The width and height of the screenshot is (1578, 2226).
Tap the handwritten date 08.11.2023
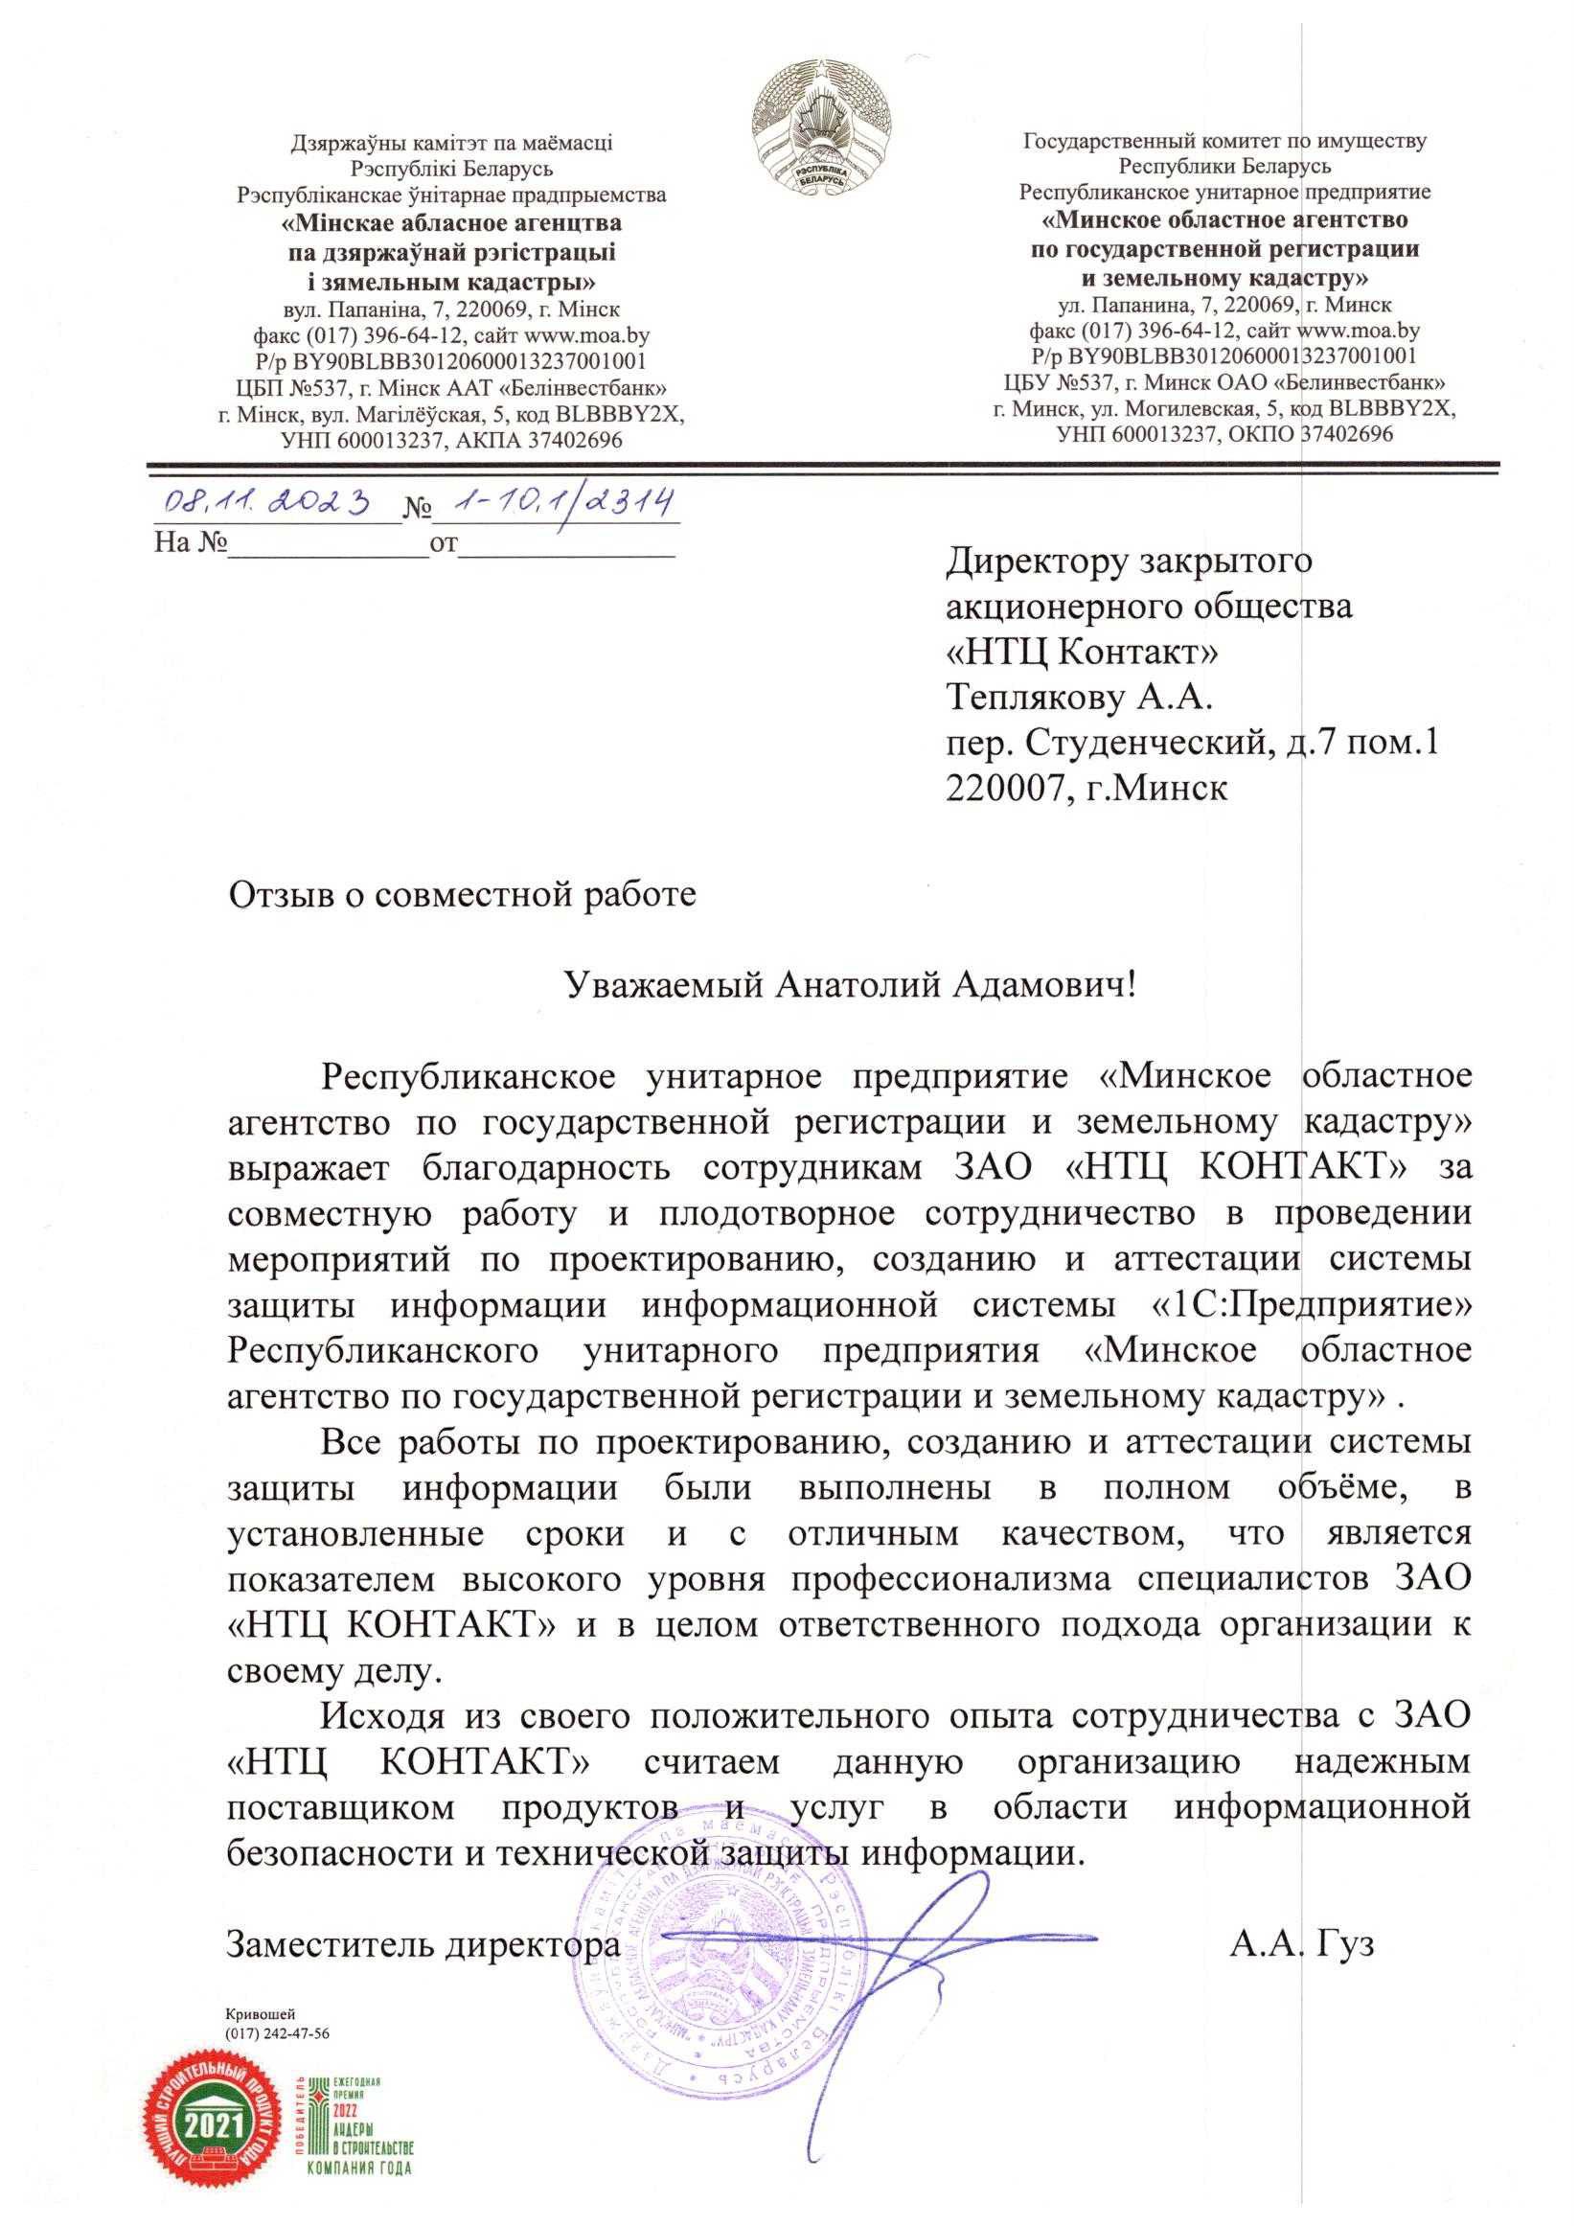(x=273, y=500)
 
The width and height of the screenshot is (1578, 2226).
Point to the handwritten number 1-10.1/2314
(x=555, y=500)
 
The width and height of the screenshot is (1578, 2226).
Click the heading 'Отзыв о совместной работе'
(x=462, y=894)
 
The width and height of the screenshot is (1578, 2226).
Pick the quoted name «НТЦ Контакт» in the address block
(x=1083, y=652)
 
